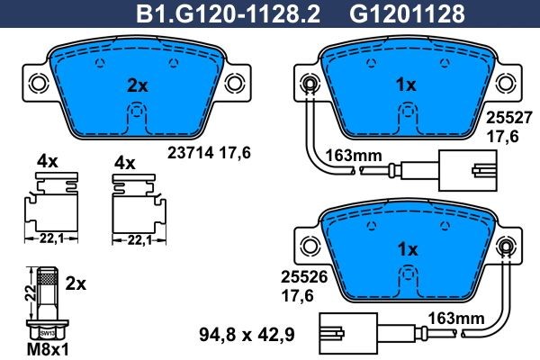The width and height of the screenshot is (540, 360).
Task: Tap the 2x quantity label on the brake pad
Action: click(136, 86)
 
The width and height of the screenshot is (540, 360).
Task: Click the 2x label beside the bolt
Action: click(76, 283)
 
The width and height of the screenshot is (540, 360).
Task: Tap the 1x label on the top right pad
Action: click(406, 85)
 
